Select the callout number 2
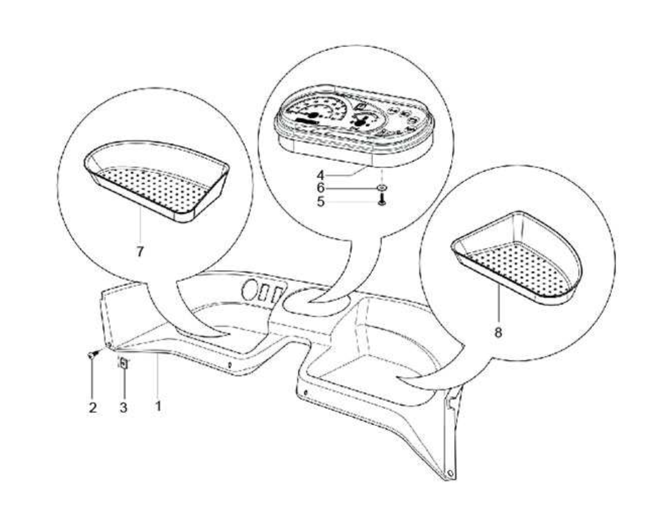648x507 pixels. pos(93,407)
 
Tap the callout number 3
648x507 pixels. pos(124,407)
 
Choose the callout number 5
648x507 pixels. pos(320,202)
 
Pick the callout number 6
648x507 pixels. pos(320,188)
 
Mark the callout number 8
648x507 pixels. pos(498,332)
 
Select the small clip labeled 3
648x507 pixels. pos(124,363)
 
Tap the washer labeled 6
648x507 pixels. pos(382,188)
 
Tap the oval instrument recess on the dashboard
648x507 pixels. pos(316,302)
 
